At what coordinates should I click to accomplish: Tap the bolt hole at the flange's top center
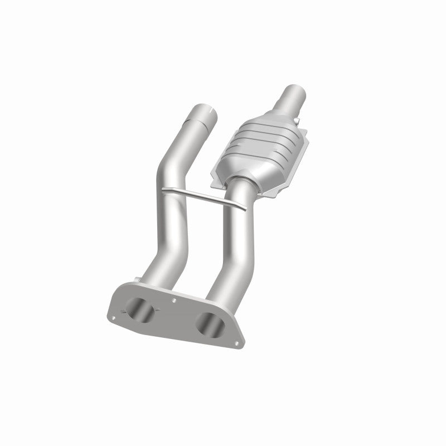pyautogui.click(x=174, y=299)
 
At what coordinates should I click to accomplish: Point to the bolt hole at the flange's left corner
pyautogui.click(x=114, y=318)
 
